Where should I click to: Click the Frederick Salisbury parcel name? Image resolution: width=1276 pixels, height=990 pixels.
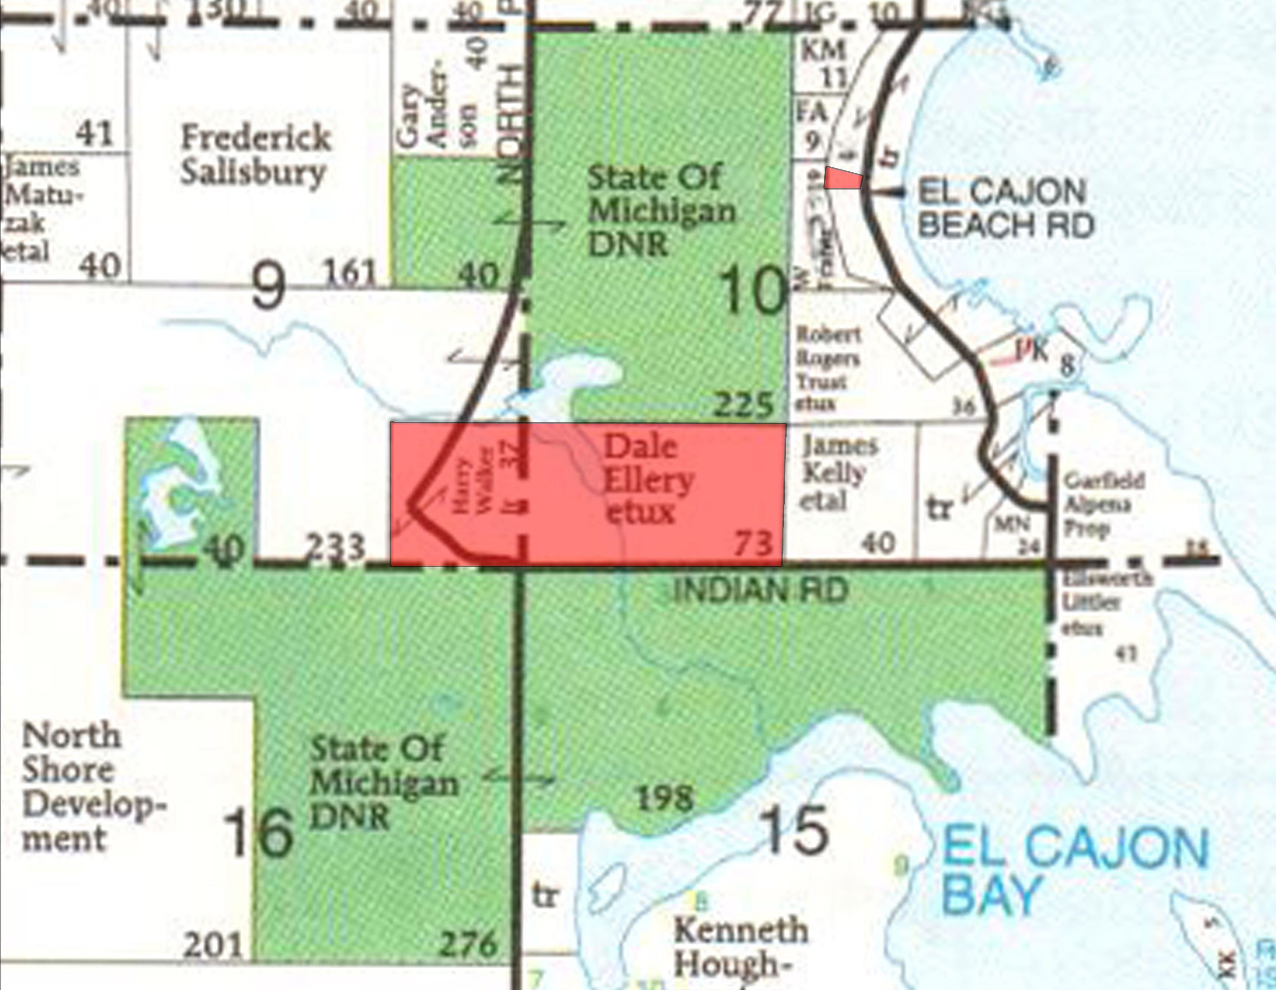255,155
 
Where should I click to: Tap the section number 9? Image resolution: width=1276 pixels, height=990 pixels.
268,286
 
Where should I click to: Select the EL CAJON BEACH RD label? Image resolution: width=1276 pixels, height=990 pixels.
1005,209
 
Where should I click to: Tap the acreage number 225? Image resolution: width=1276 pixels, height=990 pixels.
743,405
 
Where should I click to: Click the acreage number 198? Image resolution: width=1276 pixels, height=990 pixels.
665,798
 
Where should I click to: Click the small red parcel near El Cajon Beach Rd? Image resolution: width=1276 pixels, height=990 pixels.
843,178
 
